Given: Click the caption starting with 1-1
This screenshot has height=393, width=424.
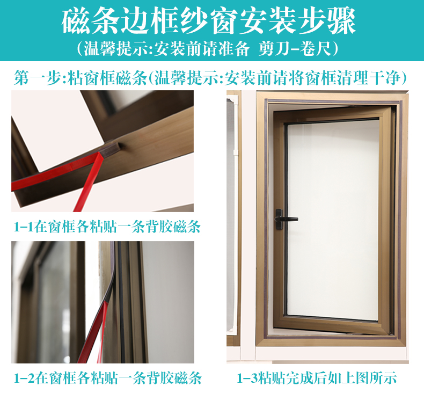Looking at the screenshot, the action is tap(107, 227).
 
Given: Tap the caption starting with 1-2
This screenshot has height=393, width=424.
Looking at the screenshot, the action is tap(108, 377).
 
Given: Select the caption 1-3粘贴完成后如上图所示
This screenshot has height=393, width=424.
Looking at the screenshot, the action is tap(317, 377).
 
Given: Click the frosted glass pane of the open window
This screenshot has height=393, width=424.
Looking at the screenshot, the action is tap(333, 220).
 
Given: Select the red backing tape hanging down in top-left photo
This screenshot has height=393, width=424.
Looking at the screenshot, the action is tap(87, 182).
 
